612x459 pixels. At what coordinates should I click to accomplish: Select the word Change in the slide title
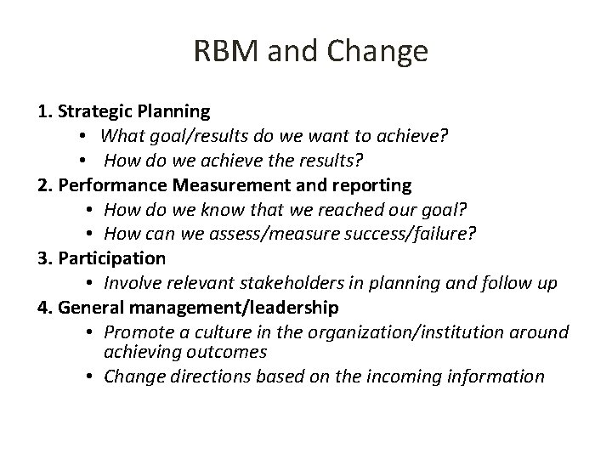(x=382, y=52)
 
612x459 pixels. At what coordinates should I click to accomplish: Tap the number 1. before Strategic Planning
(x=46, y=110)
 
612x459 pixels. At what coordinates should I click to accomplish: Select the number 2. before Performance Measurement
(x=47, y=184)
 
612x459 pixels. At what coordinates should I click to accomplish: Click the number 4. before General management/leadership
(x=47, y=307)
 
